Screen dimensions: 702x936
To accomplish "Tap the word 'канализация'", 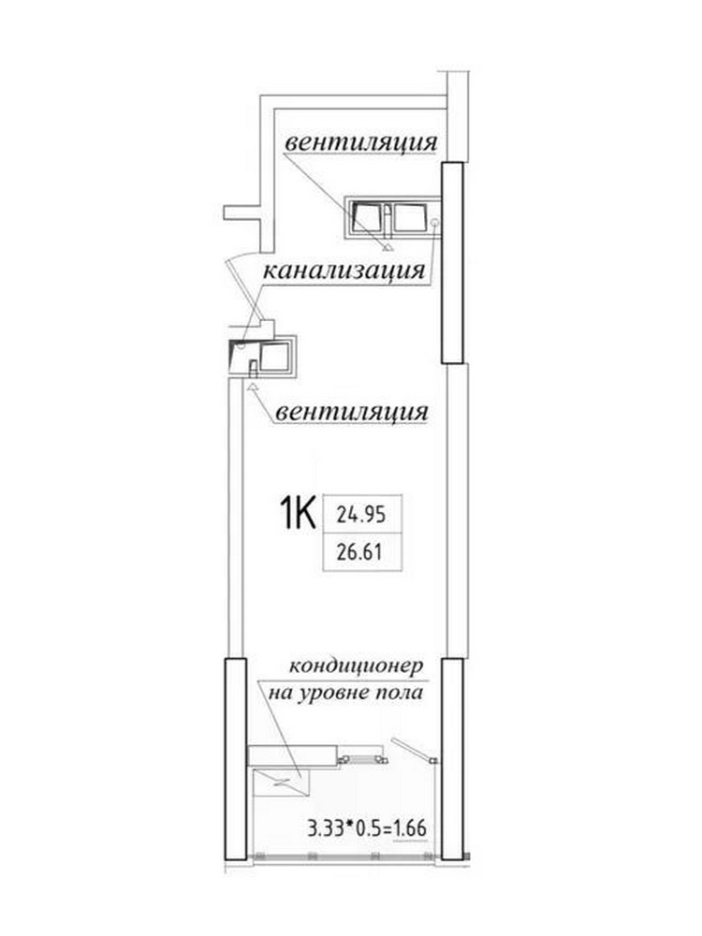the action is coord(344,271).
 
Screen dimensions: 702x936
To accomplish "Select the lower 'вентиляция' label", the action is coord(352,413).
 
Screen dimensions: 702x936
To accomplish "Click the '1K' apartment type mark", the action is coord(298,514).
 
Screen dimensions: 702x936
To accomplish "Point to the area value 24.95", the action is coord(361,514).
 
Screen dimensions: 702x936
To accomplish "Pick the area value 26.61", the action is coord(359,552).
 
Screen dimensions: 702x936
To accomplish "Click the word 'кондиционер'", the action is coord(357,666).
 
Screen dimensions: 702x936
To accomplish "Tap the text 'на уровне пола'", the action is coord(346,693).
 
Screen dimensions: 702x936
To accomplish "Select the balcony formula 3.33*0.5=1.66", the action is coord(367,828).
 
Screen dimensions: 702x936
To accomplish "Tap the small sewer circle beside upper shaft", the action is coord(435,223).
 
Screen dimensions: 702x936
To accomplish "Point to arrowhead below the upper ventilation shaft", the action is coord(388,246).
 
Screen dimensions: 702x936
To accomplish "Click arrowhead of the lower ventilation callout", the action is coord(252,387).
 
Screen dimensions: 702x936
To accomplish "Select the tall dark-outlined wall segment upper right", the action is coord(452,263).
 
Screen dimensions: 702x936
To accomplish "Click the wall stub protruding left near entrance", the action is coord(242,213).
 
